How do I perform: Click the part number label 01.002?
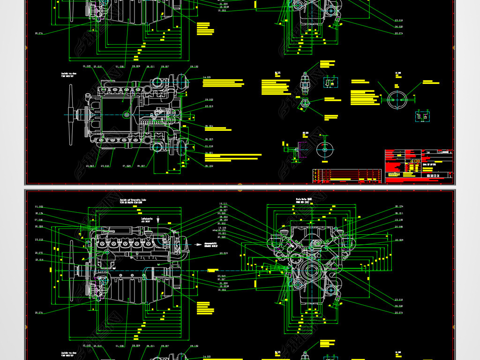coord(39,207)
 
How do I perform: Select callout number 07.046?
coord(39,220)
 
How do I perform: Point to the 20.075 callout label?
coord(39,253)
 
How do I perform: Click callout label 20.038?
coord(399,226)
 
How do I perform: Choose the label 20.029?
coord(399,240)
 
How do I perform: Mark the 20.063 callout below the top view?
coord(90,166)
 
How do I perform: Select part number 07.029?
coord(127,166)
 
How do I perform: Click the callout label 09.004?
coord(209,126)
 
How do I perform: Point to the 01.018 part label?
coord(209,146)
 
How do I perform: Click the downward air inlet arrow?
coord(158,219)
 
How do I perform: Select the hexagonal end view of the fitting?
coord(305,103)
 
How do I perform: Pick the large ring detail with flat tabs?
coord(397,99)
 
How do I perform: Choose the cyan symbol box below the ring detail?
coord(422,116)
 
